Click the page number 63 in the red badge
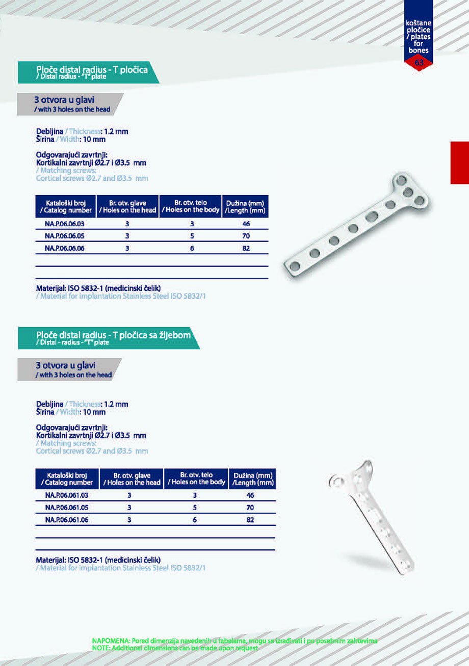(419, 63)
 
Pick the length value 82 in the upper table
(246, 248)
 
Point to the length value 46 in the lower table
(250, 495)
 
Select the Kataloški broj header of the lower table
(67, 478)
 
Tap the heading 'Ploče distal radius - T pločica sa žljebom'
(114, 335)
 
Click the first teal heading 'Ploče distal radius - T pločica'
(92, 70)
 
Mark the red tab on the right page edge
(459, 163)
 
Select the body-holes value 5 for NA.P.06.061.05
(195, 508)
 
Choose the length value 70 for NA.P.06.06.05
(246, 236)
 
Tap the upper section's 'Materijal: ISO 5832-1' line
(99, 288)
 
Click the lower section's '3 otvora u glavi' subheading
(66, 365)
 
